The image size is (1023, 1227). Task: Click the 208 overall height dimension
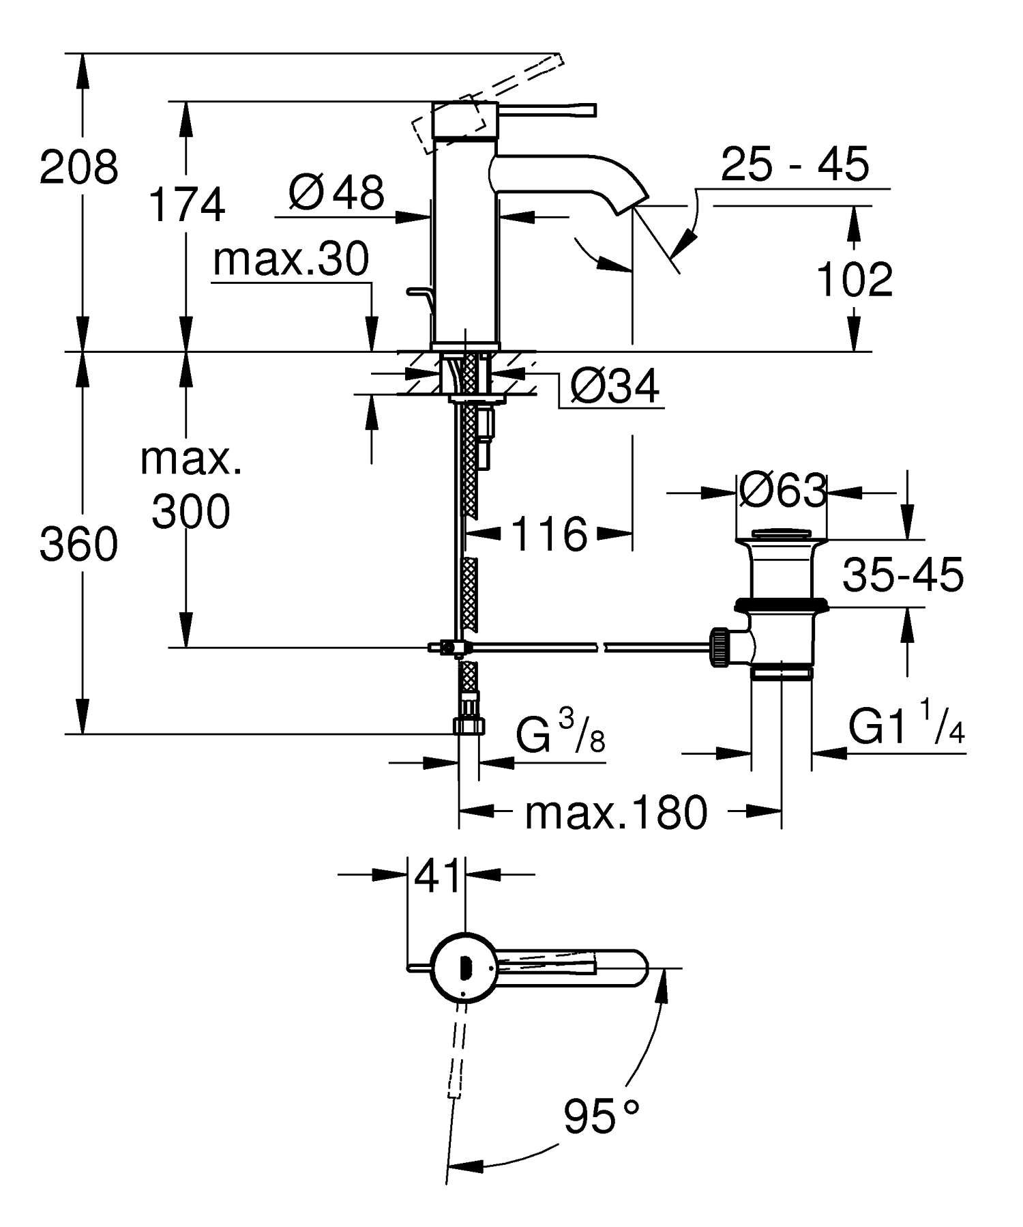click(78, 168)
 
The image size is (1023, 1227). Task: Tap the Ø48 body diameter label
click(336, 192)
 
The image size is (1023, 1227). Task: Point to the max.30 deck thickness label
click(291, 259)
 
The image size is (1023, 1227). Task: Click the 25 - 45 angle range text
click(795, 164)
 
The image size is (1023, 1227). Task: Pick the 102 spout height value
click(854, 280)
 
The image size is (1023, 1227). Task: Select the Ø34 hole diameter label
click(614, 387)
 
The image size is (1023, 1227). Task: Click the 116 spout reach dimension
click(548, 534)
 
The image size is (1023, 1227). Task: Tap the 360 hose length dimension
click(78, 545)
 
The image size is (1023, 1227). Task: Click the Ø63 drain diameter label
click(782, 491)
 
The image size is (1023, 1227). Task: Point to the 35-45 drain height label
click(902, 575)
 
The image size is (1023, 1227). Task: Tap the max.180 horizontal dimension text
click(616, 813)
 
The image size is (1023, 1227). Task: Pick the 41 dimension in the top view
click(436, 877)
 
